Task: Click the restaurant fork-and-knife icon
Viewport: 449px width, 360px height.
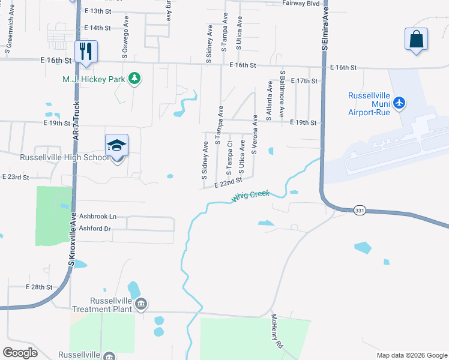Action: coord(86,50)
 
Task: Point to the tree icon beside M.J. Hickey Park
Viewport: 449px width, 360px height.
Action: coord(135,79)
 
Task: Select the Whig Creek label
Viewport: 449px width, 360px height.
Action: coord(250,197)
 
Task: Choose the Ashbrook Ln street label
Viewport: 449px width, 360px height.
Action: coord(96,216)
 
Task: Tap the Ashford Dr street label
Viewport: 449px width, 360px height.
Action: coord(96,229)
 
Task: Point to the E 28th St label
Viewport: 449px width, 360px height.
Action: coord(40,287)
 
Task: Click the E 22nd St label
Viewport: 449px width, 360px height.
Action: coord(228,182)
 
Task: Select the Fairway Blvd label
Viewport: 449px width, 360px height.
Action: coord(301,3)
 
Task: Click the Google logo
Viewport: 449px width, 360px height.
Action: coord(20,352)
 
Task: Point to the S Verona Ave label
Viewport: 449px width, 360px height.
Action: coord(255,135)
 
